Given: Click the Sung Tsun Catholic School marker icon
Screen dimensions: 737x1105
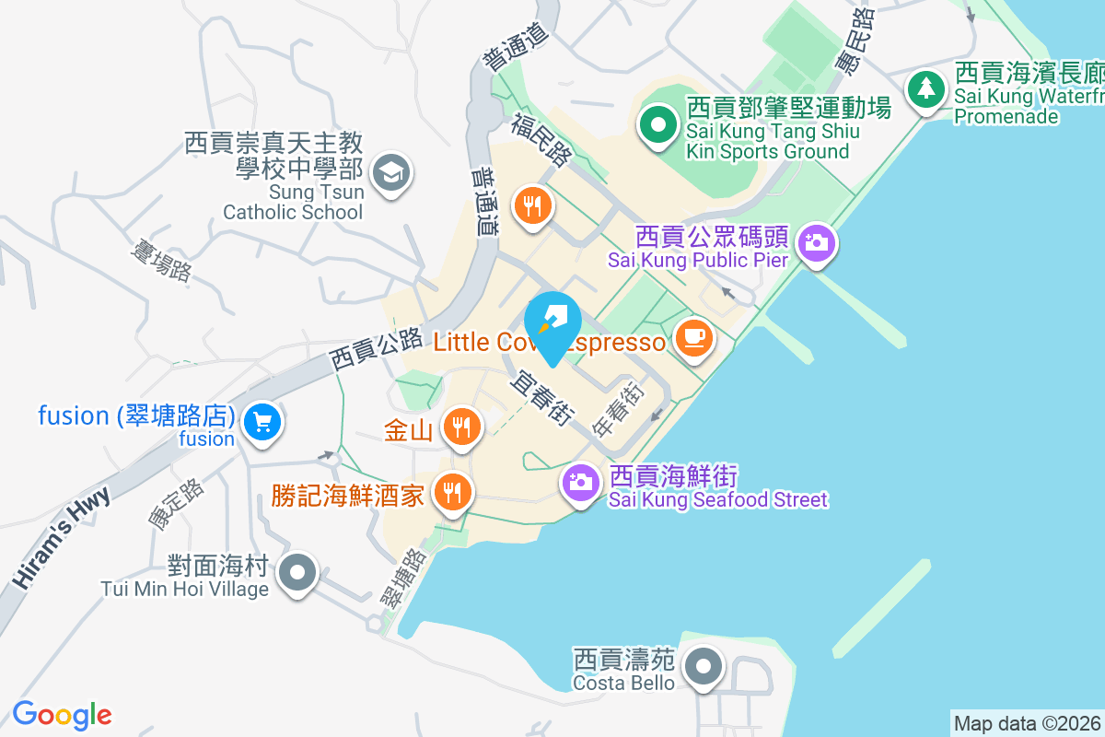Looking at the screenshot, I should click(x=391, y=172).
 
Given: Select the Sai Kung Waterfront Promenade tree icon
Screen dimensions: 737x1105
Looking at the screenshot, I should click(x=925, y=89).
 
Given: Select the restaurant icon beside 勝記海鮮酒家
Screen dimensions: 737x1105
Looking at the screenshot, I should click(x=451, y=492).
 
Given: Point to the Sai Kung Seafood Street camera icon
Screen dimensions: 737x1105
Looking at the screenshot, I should click(x=580, y=482).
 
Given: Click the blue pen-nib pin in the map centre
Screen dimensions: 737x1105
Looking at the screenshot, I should click(x=552, y=322).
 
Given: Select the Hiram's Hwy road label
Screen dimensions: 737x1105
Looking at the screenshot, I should click(x=63, y=538).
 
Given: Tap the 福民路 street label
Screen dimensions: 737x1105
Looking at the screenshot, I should click(x=541, y=140).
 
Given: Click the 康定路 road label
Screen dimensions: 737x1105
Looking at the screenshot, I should click(x=175, y=505).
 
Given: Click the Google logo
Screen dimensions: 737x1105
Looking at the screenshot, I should click(x=62, y=715).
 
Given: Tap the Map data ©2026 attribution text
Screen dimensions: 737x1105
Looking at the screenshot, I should click(x=1027, y=723).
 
